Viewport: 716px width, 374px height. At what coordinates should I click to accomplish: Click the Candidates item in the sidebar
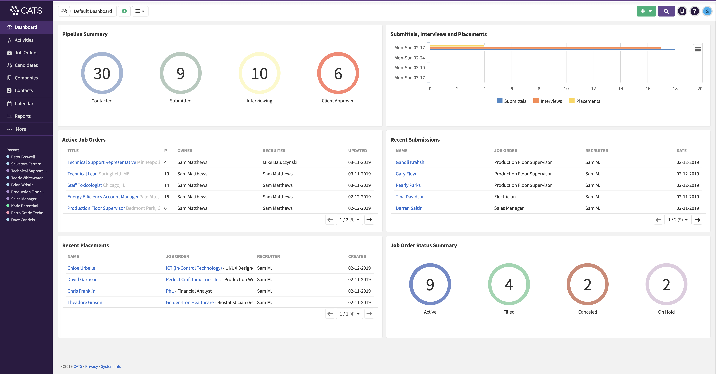tap(26, 65)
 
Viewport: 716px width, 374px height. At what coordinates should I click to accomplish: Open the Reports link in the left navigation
tap(23, 116)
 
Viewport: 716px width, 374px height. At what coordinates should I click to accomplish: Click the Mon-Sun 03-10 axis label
tap(409, 68)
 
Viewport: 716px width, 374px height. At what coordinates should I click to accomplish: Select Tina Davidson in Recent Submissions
tap(410, 197)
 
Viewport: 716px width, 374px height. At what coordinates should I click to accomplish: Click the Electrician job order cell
tap(505, 197)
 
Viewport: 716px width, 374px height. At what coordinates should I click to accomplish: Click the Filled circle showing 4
tap(509, 284)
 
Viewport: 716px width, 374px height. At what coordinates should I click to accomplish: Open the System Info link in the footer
tap(111, 366)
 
